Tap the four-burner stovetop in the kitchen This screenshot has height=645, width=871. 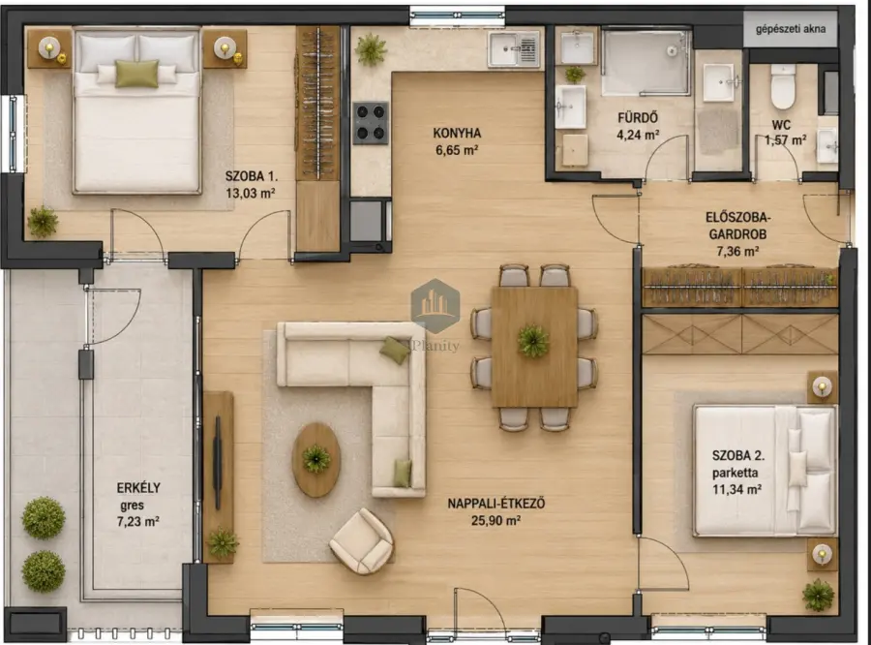pos(371,123)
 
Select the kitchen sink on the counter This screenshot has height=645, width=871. pos(514,49)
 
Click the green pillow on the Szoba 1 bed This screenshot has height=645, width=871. pos(136,74)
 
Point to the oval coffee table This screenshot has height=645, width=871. pos(316,459)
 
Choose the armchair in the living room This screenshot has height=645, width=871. pos(362,540)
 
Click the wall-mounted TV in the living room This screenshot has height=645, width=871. pos(218,463)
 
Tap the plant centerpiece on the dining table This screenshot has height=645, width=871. pos(533,340)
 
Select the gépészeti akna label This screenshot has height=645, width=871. pos(791,29)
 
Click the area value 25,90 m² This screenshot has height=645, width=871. pos(496,520)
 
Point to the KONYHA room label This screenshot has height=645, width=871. pos(457,133)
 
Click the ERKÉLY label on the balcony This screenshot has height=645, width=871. pos(138,488)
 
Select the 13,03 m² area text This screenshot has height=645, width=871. pos(251,193)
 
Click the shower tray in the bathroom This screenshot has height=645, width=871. pos(646,63)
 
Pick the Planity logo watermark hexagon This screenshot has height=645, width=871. pos(435,306)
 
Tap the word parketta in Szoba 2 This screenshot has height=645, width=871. pos(736,474)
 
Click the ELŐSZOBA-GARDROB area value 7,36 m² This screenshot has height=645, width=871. pos(737,252)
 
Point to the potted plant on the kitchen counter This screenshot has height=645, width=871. pos(371,49)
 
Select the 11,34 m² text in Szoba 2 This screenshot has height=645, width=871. pos(736,490)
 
